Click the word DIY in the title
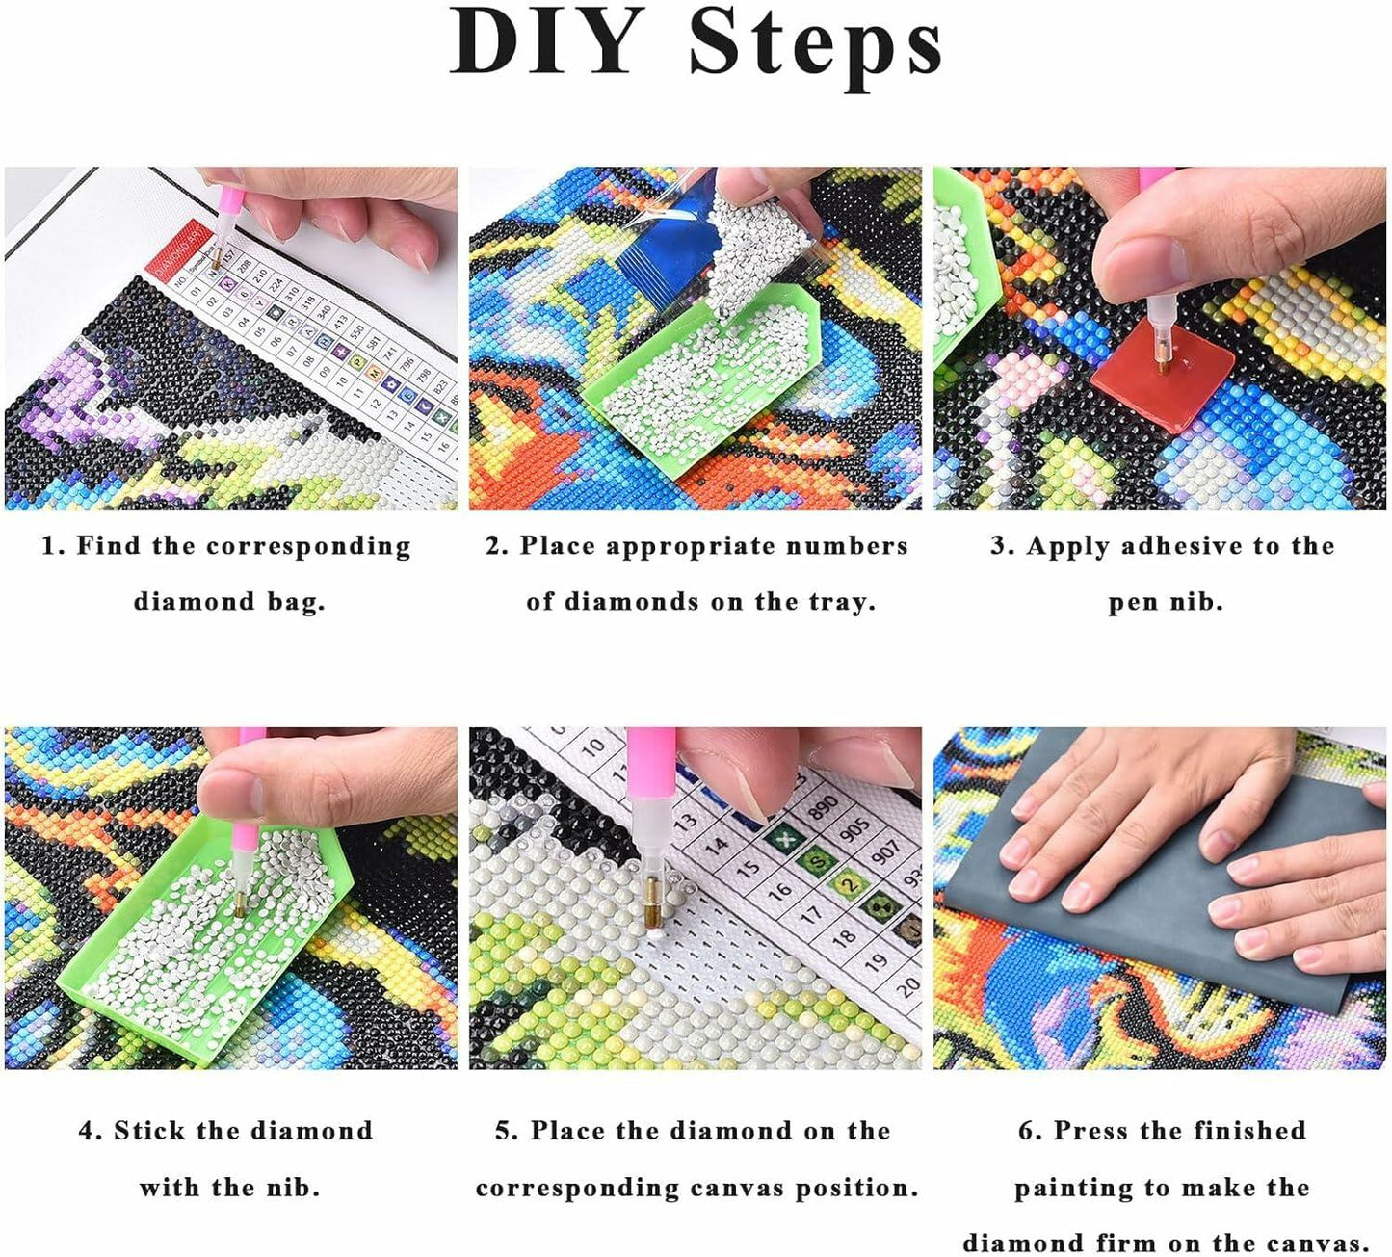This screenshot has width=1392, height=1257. (x=546, y=42)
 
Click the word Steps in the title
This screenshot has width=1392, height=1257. (x=815, y=44)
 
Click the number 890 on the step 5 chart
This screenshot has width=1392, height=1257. (x=822, y=804)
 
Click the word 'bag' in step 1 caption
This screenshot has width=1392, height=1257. (x=295, y=602)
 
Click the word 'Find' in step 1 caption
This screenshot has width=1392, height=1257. (x=110, y=546)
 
